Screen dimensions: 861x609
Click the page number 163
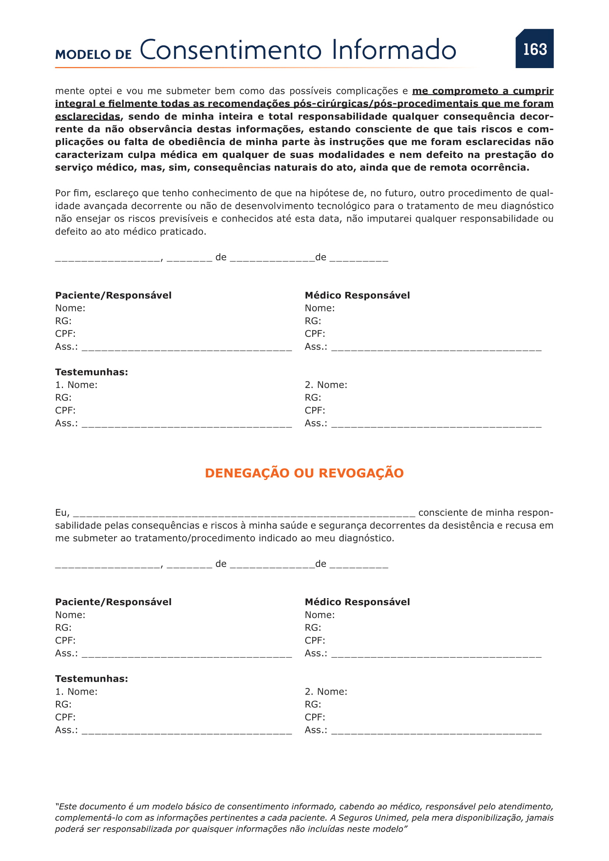535,49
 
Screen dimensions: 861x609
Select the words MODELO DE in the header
94,54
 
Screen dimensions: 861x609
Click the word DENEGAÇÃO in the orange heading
247,473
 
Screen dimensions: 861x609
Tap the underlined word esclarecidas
88,117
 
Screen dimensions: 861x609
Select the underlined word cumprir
533,91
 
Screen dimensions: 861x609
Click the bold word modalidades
351,155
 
